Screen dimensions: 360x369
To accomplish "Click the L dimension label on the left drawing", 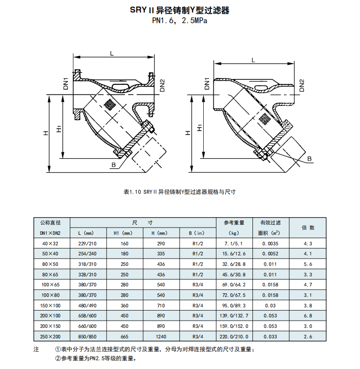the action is click(112, 53).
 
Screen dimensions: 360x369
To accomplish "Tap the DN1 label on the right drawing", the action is click(207, 84).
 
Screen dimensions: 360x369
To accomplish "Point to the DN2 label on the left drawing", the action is click(162, 85).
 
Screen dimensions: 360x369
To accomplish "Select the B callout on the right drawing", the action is click(309, 159).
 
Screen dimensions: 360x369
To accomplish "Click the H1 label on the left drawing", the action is click(59, 129).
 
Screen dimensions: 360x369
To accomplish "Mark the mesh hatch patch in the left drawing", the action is click(109, 104).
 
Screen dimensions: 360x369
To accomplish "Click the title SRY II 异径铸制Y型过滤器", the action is click(180, 10).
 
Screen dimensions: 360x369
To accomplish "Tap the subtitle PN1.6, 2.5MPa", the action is click(180, 21).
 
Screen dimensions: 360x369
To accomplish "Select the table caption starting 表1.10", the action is click(180, 192).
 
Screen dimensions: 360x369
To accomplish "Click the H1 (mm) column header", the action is click(124, 233).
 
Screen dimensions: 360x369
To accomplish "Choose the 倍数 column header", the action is click(308, 228).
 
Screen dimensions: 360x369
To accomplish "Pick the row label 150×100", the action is click(50, 306).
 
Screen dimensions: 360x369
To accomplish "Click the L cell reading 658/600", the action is click(87, 316).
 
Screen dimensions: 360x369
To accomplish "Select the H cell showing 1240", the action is click(161, 337).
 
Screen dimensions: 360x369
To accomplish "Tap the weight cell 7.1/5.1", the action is click(233, 244).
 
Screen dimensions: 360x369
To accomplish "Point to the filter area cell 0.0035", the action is click(270, 244).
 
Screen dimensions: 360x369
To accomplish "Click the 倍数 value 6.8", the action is click(308, 316).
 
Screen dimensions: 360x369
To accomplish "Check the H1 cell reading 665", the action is click(124, 337).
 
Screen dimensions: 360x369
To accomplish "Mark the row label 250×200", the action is click(50, 337).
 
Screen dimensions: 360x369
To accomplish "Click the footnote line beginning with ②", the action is click(96, 359).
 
